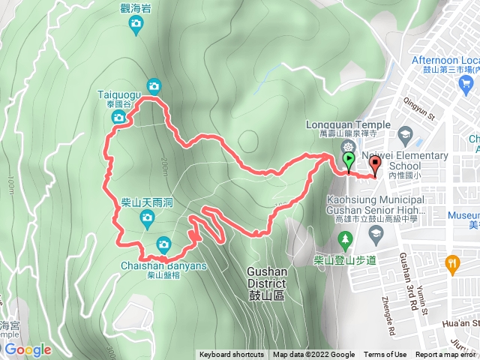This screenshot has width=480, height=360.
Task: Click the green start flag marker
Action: (349, 160)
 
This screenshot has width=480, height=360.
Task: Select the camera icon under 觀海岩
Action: (136, 25)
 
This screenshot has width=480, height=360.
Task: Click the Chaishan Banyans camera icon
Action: (163, 244)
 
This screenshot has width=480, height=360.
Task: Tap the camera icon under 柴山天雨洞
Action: (146, 219)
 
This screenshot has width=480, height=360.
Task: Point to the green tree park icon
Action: (345, 240)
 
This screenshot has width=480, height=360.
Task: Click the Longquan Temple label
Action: (348, 124)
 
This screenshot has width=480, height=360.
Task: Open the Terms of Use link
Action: (385, 355)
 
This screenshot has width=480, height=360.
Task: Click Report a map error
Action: (446, 355)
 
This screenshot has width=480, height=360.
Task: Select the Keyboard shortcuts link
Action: (232, 355)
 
